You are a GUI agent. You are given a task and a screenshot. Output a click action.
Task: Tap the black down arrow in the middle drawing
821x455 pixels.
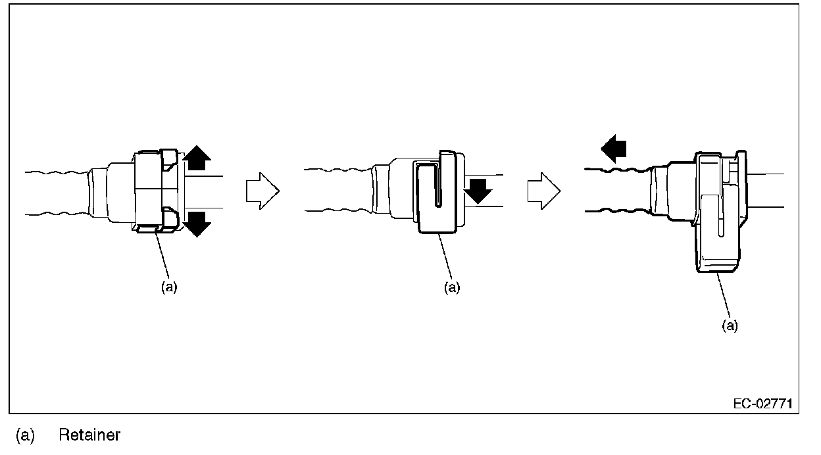(x=477, y=189)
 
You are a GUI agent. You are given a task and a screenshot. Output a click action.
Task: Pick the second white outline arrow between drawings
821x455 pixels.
(x=543, y=191)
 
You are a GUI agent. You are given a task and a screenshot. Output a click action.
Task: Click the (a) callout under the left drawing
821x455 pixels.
(x=169, y=288)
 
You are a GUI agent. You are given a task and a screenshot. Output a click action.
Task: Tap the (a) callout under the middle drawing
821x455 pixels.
(x=451, y=288)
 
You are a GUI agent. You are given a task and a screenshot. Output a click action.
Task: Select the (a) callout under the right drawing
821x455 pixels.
(x=730, y=325)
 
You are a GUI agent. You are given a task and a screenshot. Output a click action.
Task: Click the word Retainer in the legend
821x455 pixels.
(x=89, y=435)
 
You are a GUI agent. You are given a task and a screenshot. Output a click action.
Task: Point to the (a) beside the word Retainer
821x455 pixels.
(x=24, y=435)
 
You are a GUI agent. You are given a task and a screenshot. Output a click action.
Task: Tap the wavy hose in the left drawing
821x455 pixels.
(x=56, y=191)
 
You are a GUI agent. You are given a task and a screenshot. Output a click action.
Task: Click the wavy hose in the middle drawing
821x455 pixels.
(x=337, y=190)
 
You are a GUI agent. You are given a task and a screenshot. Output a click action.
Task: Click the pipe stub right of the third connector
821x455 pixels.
(x=766, y=189)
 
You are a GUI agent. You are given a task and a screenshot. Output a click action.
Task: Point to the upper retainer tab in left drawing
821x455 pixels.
(x=168, y=158)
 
